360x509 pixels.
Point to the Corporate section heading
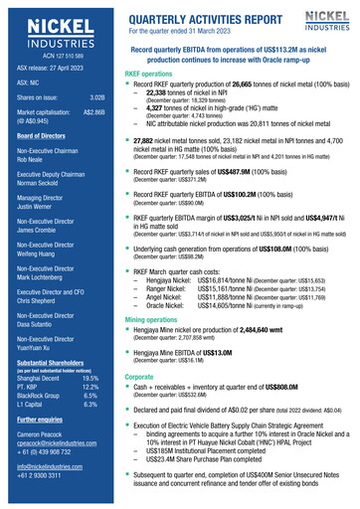click(x=139, y=378)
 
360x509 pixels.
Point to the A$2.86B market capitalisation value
click(x=93, y=112)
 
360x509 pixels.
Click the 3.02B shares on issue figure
click(x=97, y=97)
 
